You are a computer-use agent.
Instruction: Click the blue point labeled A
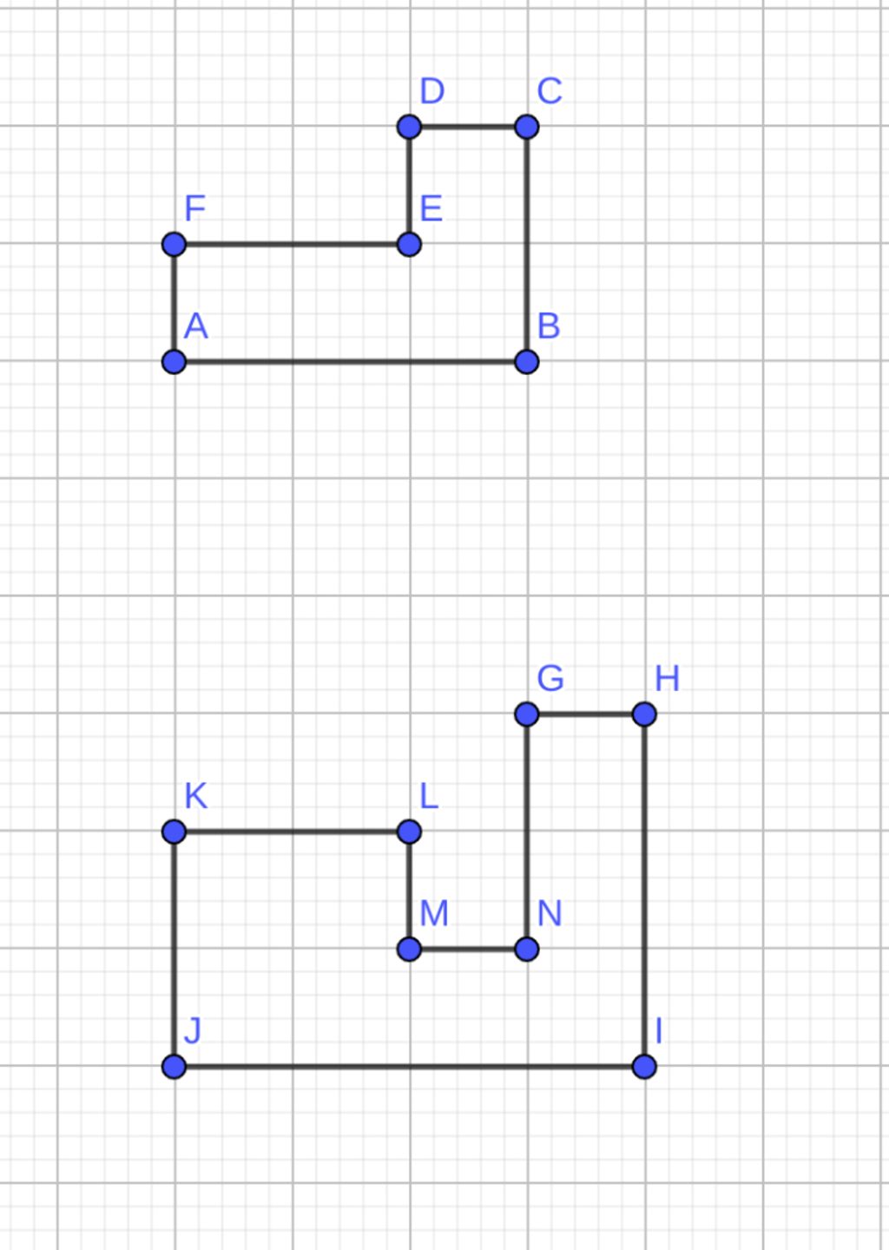point(175,362)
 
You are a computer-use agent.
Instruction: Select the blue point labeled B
point(526,362)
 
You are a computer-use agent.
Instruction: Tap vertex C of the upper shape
point(526,127)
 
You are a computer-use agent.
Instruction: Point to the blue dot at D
point(409,127)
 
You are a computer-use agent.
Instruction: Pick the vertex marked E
point(409,244)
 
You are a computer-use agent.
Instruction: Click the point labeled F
point(175,244)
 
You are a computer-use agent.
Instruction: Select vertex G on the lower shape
point(526,714)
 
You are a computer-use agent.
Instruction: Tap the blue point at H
point(644,714)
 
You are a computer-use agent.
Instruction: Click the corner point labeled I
point(644,1066)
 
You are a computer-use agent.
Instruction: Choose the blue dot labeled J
point(175,1066)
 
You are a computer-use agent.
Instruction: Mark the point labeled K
point(175,832)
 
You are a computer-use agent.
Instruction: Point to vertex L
point(409,832)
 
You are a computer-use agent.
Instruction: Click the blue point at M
point(409,949)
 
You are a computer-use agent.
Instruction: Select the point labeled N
point(526,949)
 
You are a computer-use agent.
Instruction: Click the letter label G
point(550,678)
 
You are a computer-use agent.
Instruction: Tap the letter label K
point(196,796)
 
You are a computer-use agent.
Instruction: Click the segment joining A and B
point(347,362)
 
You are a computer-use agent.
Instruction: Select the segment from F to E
point(292,244)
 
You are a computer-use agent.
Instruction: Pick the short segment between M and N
point(468,949)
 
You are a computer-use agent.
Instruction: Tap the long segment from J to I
point(408,1066)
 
